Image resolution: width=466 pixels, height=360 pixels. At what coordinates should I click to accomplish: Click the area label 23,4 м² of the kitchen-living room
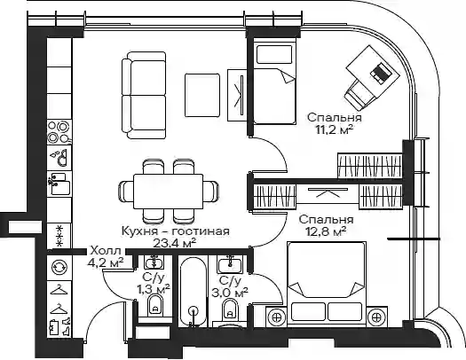175,243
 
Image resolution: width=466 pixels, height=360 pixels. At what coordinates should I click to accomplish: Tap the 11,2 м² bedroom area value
335,129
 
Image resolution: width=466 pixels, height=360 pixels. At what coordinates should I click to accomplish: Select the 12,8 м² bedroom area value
326,231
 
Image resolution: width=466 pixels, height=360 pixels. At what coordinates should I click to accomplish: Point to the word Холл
106,251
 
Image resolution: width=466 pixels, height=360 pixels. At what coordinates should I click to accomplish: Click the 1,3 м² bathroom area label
153,288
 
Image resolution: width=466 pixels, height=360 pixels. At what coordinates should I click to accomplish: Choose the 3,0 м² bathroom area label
230,293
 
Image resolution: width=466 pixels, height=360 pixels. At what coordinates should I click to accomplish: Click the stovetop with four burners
59,132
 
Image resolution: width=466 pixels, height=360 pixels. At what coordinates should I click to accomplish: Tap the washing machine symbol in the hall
59,267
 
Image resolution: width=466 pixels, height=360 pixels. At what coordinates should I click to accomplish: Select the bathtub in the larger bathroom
194,292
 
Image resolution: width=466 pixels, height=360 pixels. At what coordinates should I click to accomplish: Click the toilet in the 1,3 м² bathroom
155,306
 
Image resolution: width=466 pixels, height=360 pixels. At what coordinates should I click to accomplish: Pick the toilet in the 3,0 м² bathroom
230,309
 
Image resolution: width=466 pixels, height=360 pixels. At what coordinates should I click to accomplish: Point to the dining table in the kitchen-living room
169,192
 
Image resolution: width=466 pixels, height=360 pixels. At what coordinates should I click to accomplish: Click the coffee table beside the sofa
202,95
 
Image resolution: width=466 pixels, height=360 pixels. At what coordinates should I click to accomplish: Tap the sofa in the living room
144,95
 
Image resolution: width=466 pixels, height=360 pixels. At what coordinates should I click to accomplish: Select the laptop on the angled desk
380,73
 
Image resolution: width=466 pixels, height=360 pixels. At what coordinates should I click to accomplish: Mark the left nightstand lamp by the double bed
277,317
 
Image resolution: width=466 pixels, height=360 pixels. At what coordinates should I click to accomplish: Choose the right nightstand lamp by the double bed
376,317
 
